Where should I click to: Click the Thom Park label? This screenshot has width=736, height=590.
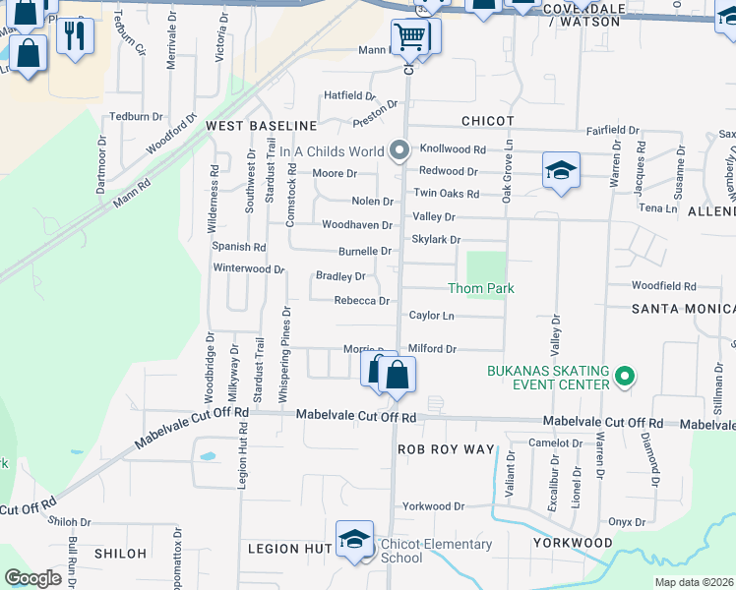481,288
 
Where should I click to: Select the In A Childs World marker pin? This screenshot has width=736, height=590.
399,151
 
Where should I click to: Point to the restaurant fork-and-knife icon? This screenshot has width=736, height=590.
74,37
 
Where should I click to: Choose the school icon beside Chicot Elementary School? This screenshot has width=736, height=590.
354,539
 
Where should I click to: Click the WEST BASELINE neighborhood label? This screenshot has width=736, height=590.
261,126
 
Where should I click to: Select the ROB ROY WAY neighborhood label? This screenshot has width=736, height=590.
446,448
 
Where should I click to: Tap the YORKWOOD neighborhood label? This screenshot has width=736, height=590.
573,543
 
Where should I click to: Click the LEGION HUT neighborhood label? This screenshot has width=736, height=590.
288,548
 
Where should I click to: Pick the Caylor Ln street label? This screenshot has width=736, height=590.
432,316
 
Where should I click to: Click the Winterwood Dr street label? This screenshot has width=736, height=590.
249,267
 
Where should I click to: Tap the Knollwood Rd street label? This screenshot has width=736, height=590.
454,149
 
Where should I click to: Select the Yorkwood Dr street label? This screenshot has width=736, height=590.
433,506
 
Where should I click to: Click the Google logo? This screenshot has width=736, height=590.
32,578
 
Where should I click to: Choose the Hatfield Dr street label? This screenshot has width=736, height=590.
350,95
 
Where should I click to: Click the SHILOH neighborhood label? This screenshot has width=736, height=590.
120,554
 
